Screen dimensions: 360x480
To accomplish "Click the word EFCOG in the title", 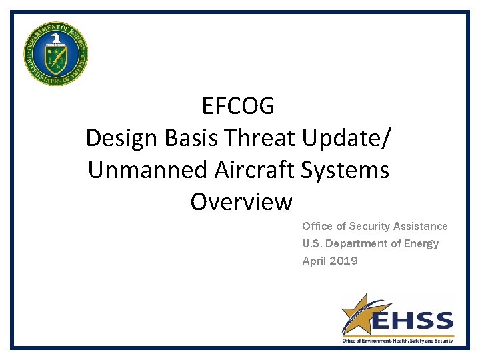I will tap(238, 106).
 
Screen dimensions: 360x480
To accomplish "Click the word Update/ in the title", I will tap(347, 139).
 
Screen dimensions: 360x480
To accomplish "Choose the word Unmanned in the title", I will tap(148, 170).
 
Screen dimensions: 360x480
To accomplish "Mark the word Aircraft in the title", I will tap(255, 170).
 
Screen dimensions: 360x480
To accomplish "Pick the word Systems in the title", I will tap(345, 170).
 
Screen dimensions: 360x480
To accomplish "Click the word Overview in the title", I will tap(241, 201).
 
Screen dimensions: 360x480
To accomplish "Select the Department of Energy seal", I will tap(55, 53).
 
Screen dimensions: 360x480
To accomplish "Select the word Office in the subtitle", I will tap(317, 227).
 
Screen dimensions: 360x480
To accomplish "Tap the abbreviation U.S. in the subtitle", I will tap(313, 244).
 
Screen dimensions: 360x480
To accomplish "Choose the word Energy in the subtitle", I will tap(422, 244).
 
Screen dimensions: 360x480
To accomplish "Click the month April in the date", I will tap(314, 261).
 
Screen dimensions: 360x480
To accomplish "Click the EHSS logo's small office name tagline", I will tap(397, 341).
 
